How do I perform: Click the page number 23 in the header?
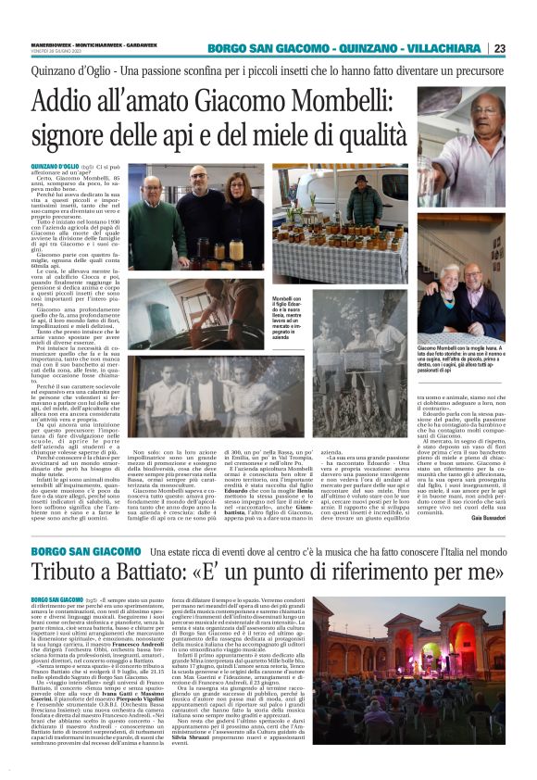[x=525, y=48]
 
